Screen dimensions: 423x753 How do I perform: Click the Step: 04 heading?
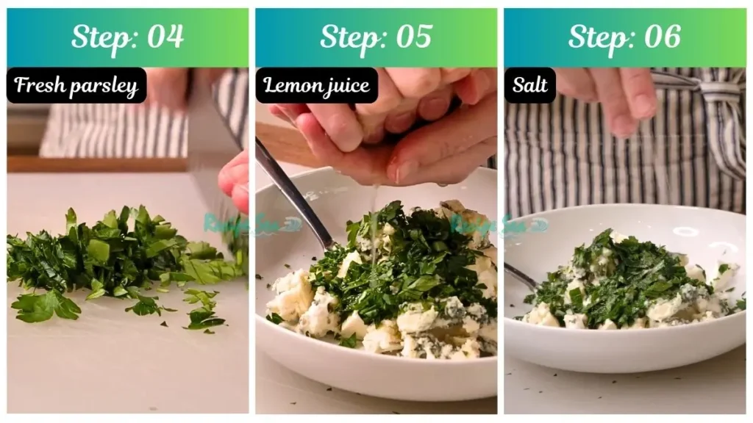(127, 37)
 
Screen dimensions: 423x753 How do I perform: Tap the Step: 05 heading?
(376, 37)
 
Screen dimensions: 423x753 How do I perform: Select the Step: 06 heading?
(624, 37)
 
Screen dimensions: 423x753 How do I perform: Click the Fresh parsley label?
(76, 86)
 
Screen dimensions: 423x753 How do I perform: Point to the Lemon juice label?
(316, 86)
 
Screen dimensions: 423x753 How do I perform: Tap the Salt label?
(530, 86)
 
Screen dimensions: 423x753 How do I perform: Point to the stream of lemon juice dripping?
(374, 220)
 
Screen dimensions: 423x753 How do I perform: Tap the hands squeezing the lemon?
(390, 132)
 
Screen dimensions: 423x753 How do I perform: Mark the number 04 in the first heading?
(165, 37)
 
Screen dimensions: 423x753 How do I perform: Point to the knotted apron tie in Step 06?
(717, 92)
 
